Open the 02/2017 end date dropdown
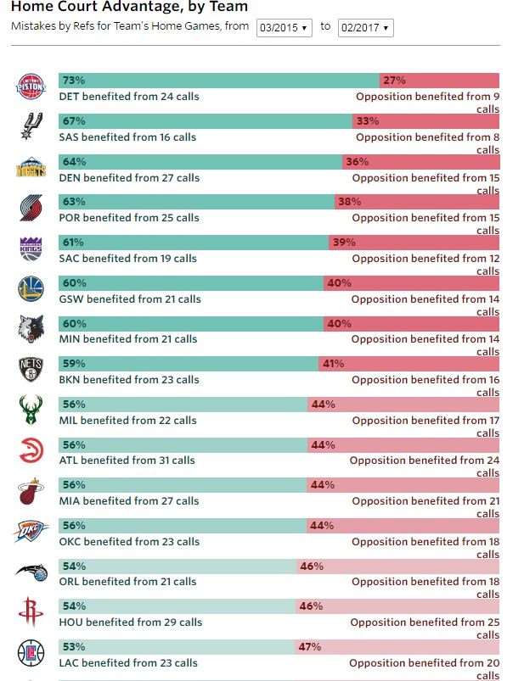[x=365, y=28]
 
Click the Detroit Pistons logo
[x=31, y=87]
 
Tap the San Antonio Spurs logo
[x=31, y=127]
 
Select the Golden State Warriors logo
[x=31, y=289]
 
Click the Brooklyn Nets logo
[x=31, y=370]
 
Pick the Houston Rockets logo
[x=31, y=611]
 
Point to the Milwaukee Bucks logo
[x=31, y=410]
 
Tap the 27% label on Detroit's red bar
[x=394, y=81]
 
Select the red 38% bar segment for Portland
[x=416, y=202]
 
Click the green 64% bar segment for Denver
[x=200, y=161]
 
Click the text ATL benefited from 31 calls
[x=127, y=461]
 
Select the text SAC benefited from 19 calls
[x=127, y=259]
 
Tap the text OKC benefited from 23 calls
[x=127, y=541]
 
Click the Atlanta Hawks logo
[x=31, y=450]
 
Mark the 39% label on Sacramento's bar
[x=344, y=243]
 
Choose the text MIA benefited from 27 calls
[x=127, y=501]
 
